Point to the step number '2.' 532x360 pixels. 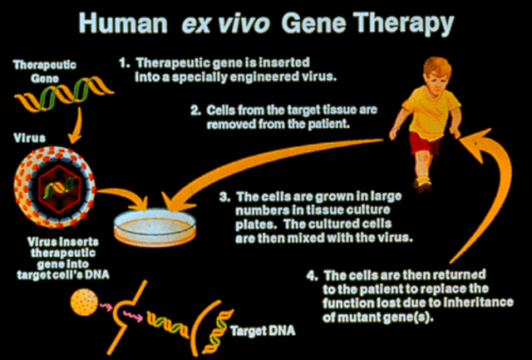point(195,109)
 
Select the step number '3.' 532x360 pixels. point(223,198)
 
